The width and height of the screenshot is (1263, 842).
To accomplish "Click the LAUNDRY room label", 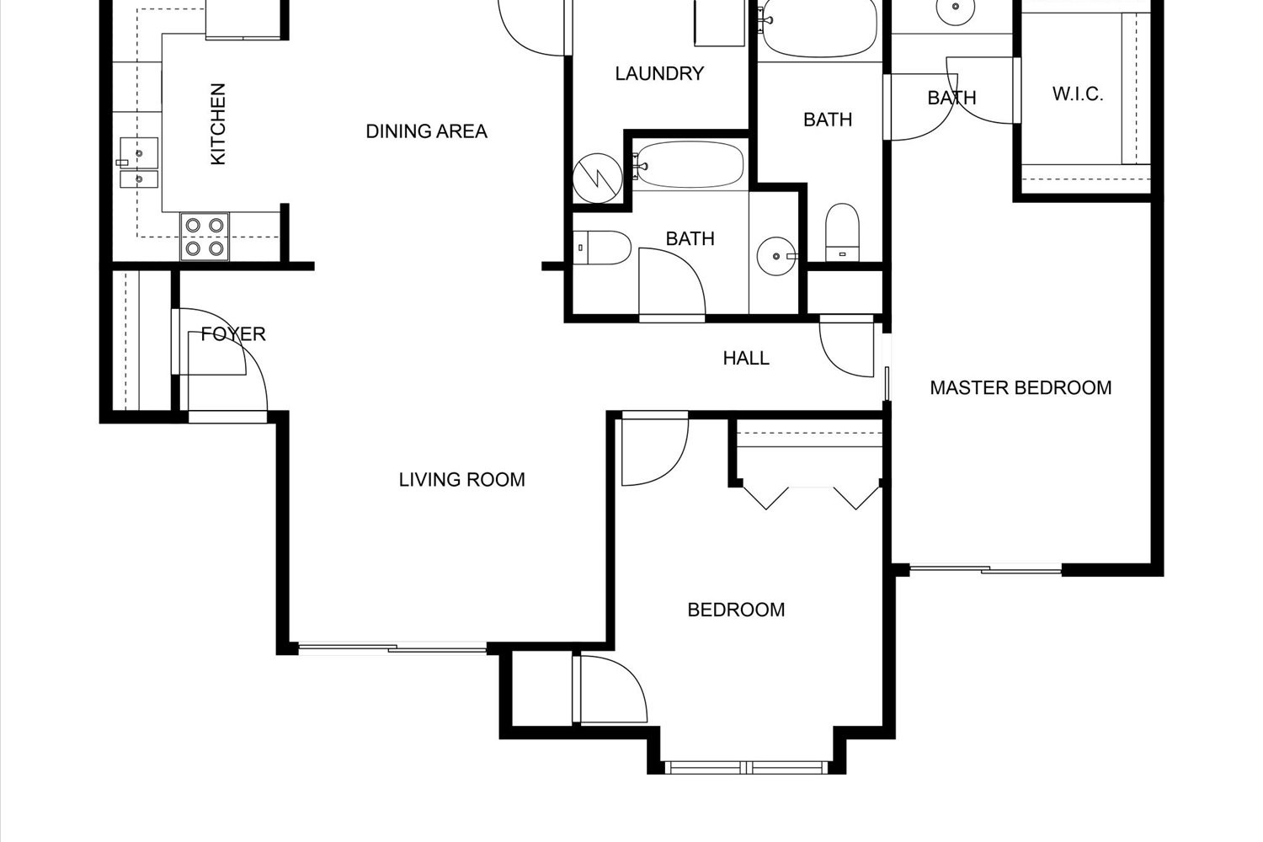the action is [x=659, y=73].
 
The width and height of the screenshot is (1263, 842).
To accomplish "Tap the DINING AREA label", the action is [x=426, y=131].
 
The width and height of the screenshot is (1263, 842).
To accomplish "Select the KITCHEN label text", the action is [x=218, y=124].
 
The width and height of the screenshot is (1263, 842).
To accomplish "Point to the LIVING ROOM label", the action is [x=461, y=480].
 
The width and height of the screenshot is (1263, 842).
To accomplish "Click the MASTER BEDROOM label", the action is [x=1021, y=388].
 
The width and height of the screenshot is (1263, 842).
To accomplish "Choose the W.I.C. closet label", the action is [x=1078, y=93].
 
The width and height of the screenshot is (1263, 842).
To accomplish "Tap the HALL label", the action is [x=746, y=358].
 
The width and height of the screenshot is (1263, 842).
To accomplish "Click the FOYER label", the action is [x=233, y=334].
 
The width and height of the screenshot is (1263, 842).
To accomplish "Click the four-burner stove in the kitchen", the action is [x=205, y=237].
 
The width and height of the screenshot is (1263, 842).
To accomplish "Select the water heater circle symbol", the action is [x=598, y=179].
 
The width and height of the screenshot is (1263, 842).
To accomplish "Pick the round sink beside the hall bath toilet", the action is [x=776, y=256].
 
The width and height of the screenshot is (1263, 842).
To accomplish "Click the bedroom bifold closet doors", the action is [x=812, y=496].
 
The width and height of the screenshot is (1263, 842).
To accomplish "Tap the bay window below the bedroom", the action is [x=747, y=767].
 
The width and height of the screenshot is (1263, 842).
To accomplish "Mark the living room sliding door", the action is [x=392, y=648].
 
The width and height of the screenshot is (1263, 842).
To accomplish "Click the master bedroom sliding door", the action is [x=986, y=569].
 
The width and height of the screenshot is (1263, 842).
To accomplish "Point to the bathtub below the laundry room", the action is [x=688, y=165].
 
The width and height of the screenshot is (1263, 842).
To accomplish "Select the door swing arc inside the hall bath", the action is [x=672, y=281].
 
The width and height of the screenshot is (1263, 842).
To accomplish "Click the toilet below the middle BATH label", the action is [x=842, y=232].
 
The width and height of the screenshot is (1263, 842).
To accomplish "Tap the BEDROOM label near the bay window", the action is [x=736, y=610].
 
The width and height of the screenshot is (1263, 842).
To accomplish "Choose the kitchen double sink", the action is [x=139, y=163].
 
